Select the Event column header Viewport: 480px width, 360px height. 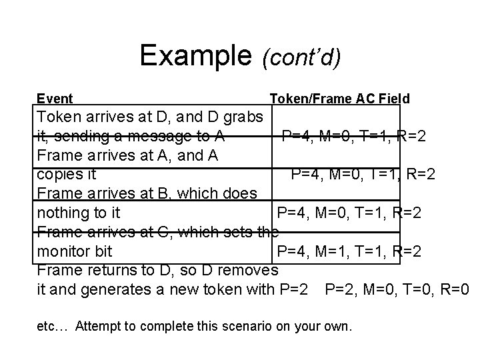pyautogui.click(x=55, y=99)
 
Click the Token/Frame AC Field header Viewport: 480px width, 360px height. pyautogui.click(x=339, y=99)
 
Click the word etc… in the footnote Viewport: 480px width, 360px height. pyautogui.click(x=53, y=327)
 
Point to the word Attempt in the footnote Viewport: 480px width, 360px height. pyautogui.click(x=97, y=327)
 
